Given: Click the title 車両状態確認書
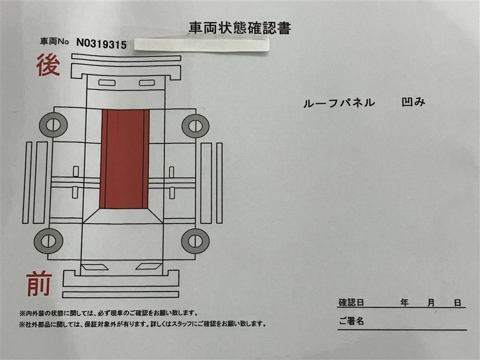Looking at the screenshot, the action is coord(239,28).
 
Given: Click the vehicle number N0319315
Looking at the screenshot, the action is coord(101,44).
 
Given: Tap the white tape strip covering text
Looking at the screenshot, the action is coord(202,44).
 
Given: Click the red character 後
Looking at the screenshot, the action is coord(48,65).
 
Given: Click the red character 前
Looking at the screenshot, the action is coord(39,284).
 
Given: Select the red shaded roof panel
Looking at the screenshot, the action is coord(125,159).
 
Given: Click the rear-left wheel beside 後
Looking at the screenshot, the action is coord(53,125).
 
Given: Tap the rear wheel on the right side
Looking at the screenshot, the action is coord(196,126).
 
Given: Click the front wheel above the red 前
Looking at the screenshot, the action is coord(49,241).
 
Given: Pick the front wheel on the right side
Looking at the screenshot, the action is coord(196,241).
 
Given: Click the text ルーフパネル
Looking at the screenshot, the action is coord(339,103).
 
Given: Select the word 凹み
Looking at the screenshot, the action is coord(413,102).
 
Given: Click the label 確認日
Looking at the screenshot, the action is coord(351,303).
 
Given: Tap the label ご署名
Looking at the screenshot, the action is coord(351,321).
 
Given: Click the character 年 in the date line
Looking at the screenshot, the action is coord(404,303).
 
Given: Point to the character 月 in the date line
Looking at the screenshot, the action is coord(431,303).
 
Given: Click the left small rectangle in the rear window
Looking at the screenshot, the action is coord(107,83).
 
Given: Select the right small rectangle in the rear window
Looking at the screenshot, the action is coord(147,83).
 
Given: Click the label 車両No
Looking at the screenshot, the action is coord(55,41).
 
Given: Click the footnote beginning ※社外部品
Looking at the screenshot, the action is coord(142,324).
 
